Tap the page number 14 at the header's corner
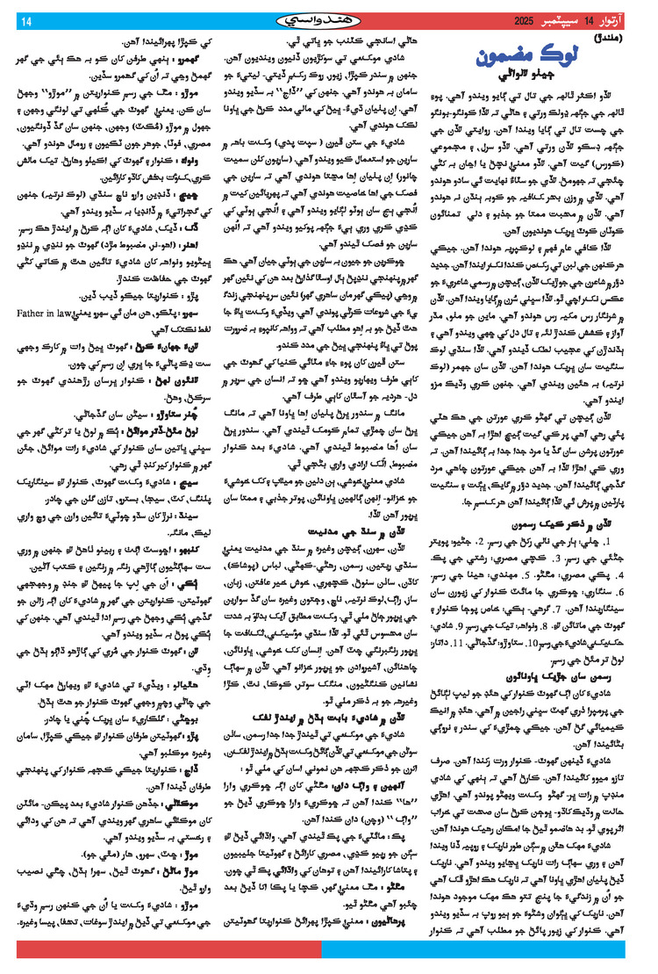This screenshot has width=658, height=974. click(x=24, y=19)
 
